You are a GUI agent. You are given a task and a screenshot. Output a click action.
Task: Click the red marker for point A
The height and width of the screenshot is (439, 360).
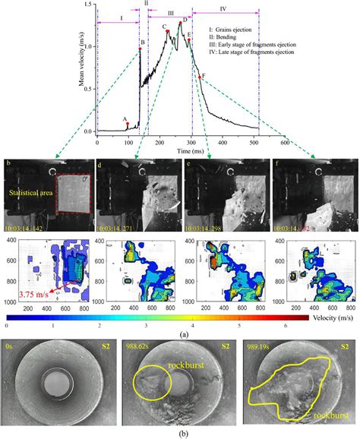128,123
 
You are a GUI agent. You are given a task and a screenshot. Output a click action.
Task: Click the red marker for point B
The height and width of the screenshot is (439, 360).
140,49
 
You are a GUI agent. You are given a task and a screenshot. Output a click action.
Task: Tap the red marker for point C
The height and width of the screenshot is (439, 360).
168,31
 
